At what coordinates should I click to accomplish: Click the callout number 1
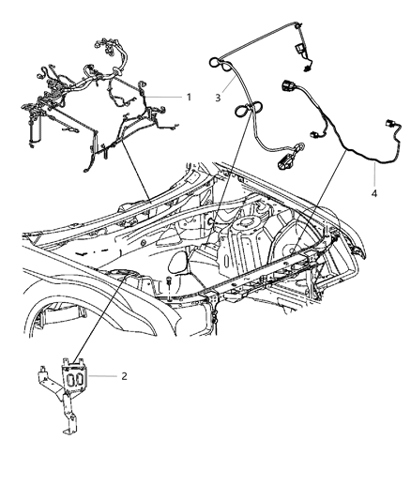click(189, 97)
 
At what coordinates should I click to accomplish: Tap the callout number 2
click(123, 376)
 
